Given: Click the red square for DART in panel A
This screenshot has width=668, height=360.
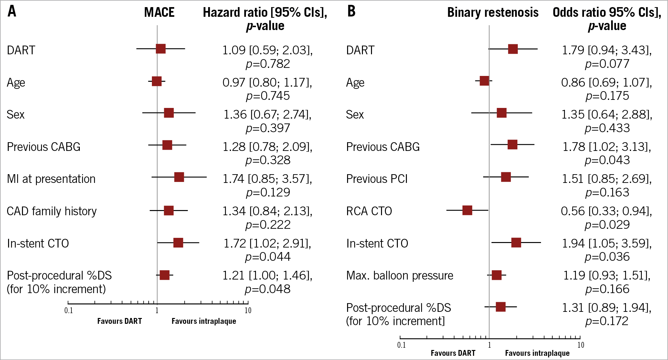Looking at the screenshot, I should click(x=161, y=49).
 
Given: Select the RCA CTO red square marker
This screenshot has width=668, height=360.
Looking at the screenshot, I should click(x=467, y=210).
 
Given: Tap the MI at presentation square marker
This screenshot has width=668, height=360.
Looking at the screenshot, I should click(x=179, y=177).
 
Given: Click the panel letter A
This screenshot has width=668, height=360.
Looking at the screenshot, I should click(x=12, y=12).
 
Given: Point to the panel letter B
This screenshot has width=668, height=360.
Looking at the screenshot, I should click(x=351, y=12).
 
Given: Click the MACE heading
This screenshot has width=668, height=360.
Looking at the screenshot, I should click(x=159, y=13).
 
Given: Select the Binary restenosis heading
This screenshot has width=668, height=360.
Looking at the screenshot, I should click(x=493, y=13).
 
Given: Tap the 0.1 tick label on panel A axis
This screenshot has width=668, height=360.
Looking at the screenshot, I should click(x=69, y=311).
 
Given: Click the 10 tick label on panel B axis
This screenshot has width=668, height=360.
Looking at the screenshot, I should click(x=581, y=345).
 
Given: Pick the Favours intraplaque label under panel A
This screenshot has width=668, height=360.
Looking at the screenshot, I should click(x=204, y=321).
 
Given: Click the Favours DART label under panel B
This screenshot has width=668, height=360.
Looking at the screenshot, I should click(x=453, y=353).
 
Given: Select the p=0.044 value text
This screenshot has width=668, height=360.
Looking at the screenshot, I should click(x=268, y=257).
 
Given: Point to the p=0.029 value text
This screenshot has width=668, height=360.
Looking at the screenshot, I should click(x=607, y=225).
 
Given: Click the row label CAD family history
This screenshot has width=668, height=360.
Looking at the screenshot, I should click(x=52, y=211).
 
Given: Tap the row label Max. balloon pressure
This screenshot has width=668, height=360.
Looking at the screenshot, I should click(x=399, y=276).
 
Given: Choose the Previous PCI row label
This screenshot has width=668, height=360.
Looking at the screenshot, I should click(x=377, y=179).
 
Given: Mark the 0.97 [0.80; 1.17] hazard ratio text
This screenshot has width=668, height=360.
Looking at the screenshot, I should click(x=267, y=82).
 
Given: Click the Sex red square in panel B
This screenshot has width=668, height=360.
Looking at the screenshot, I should click(x=502, y=113).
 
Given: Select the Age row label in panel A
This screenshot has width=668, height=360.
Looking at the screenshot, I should click(x=16, y=83).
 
